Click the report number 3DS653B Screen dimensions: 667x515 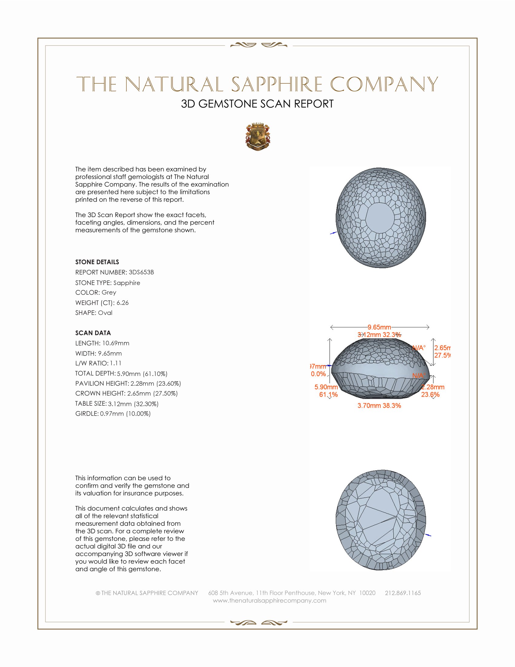[141, 272]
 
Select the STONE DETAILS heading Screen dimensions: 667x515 [97, 262]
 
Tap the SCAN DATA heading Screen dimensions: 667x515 [93, 333]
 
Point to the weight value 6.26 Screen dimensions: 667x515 [123, 303]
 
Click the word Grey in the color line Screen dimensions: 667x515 [109, 292]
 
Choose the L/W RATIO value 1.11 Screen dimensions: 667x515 [116, 363]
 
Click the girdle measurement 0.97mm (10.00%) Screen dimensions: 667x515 [125, 414]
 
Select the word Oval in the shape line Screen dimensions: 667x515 [105, 313]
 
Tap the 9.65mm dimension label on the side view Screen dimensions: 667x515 [379, 327]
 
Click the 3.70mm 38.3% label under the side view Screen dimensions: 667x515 [379, 406]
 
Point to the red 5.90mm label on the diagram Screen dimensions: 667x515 [326, 387]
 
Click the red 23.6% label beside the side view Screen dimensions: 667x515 [430, 394]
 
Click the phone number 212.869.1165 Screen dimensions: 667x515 [403, 593]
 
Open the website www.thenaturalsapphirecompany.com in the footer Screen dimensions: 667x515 [269, 600]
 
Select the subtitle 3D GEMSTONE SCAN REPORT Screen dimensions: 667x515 [257, 104]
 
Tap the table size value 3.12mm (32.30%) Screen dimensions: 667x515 [133, 404]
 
